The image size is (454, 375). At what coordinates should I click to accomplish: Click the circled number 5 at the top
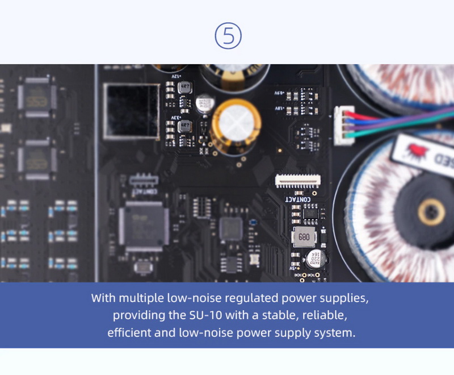228,36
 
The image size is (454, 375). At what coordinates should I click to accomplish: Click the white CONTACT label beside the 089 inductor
297,199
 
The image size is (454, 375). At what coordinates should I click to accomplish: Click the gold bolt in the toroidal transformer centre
431,213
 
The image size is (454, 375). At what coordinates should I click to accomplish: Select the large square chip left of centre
144,223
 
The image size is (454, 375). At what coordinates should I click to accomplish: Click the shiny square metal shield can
131,110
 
